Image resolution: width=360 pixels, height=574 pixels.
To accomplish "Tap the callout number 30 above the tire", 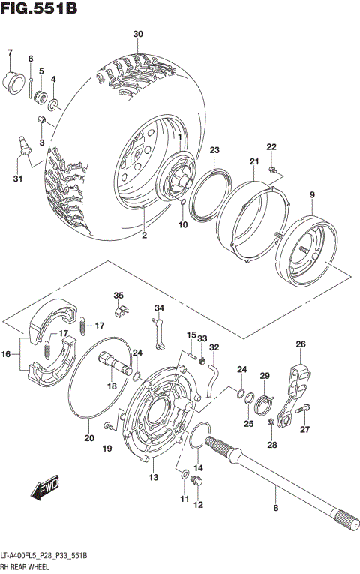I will [x=137, y=35].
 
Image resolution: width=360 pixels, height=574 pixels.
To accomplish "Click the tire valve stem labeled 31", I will [x=23, y=143].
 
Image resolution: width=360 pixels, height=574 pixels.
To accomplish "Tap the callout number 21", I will [x=254, y=161].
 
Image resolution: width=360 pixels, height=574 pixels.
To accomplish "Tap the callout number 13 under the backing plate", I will [x=153, y=478].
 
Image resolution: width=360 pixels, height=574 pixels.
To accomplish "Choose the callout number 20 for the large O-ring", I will [x=89, y=439].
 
